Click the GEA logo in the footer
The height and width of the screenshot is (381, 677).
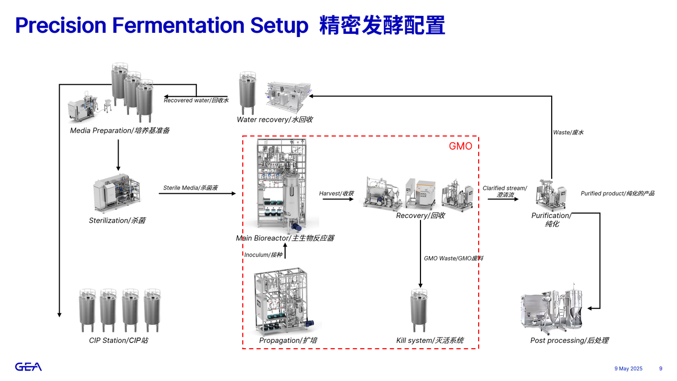[x=28, y=367]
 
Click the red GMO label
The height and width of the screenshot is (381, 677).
[x=460, y=146]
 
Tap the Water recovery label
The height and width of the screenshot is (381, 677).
[x=275, y=120]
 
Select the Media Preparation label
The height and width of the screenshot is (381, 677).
[x=120, y=130]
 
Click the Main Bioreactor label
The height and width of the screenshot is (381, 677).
[x=285, y=238]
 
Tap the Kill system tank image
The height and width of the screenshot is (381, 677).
[x=421, y=311]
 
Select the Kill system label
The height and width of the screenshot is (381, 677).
[x=430, y=340]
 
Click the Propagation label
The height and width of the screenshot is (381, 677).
[x=288, y=340]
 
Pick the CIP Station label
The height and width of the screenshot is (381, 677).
[x=118, y=340]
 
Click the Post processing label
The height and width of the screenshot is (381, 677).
[x=570, y=340]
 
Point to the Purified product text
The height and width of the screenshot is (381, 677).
[x=617, y=194]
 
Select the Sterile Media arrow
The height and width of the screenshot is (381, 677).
[x=197, y=194]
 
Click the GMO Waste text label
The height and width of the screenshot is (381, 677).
[x=453, y=258]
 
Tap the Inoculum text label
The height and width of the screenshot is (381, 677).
[x=263, y=255]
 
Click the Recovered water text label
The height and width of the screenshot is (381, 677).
[x=196, y=100]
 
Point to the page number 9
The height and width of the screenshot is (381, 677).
[x=661, y=368]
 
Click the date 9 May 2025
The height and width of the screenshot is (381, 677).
[x=628, y=368]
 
